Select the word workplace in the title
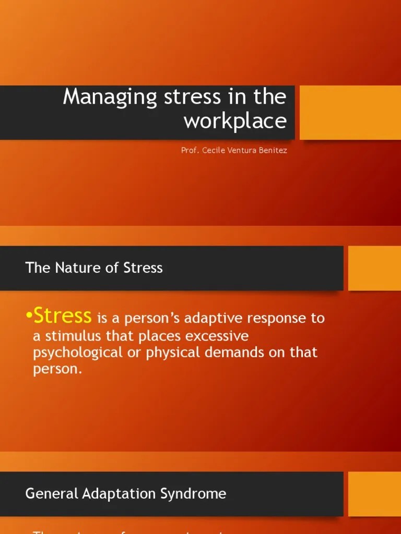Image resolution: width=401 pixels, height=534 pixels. tap(235, 121)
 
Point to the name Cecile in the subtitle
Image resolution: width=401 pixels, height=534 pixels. tap(211, 151)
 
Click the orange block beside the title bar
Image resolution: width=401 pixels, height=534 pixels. tap(350, 113)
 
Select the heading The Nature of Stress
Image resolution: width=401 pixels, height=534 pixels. tap(94, 268)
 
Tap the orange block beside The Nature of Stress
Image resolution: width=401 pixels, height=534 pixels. tap(374, 268)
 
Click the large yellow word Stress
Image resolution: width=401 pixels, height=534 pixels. tap(63, 315)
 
